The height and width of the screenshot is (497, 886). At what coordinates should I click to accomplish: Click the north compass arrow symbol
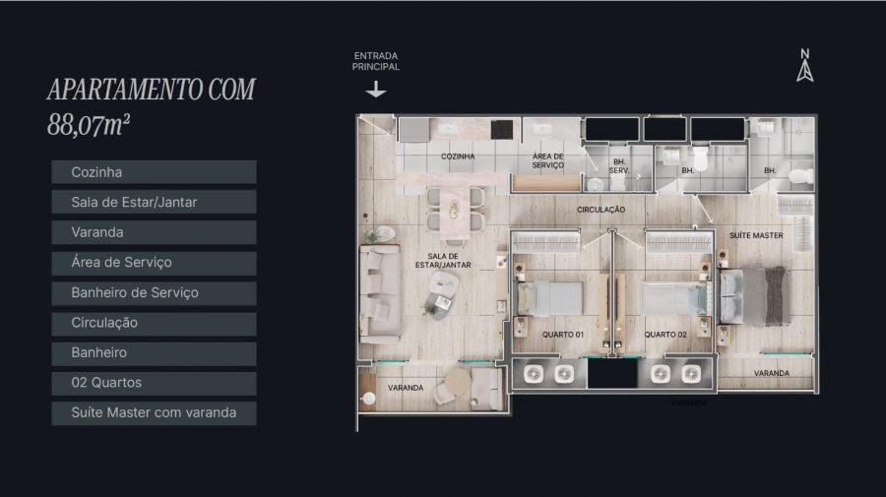(805, 71)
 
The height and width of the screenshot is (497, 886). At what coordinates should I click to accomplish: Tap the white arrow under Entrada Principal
(376, 90)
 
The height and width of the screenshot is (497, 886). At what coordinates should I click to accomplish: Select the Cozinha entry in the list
(154, 172)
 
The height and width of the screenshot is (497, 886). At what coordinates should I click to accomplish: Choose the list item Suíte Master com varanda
(154, 412)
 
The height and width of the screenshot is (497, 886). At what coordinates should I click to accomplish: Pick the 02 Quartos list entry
(154, 383)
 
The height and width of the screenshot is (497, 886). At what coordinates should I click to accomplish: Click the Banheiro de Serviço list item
(154, 292)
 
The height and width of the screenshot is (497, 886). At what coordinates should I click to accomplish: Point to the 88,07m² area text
(89, 125)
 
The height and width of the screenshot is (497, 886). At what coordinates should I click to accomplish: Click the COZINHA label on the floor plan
(458, 156)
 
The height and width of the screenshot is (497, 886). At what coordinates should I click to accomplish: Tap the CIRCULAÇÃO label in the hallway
(601, 210)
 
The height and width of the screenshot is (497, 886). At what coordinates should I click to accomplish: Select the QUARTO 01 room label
(563, 335)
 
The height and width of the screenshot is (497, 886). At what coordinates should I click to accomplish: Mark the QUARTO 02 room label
(665, 335)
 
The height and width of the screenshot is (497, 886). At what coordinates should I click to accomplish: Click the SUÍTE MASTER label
(756, 235)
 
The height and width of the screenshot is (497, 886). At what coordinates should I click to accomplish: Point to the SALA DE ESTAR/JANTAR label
(443, 261)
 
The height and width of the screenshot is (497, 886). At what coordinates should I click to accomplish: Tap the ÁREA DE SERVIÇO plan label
(547, 160)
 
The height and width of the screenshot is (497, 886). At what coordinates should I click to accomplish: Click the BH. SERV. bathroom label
(619, 166)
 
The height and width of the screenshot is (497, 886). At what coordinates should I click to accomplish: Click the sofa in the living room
(380, 293)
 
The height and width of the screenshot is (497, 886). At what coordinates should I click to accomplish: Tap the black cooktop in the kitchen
(501, 129)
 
